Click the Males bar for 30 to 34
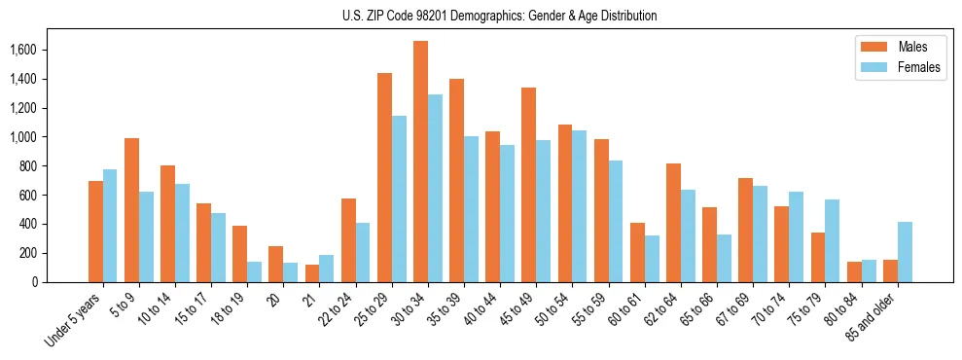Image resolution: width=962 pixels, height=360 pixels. click(x=420, y=162)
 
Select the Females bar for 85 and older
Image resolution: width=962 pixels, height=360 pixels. click(x=906, y=252)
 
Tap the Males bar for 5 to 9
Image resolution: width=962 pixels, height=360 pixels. click(x=131, y=210)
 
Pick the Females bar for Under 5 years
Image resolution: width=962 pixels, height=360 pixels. click(x=110, y=226)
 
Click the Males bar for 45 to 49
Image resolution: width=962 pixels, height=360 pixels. click(x=528, y=185)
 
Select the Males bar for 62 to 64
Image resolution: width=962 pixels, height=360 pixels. click(x=673, y=223)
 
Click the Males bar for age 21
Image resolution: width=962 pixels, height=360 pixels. click(x=312, y=273)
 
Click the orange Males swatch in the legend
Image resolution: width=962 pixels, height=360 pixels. click(x=869, y=47)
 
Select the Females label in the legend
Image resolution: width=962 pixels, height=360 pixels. click(x=919, y=67)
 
